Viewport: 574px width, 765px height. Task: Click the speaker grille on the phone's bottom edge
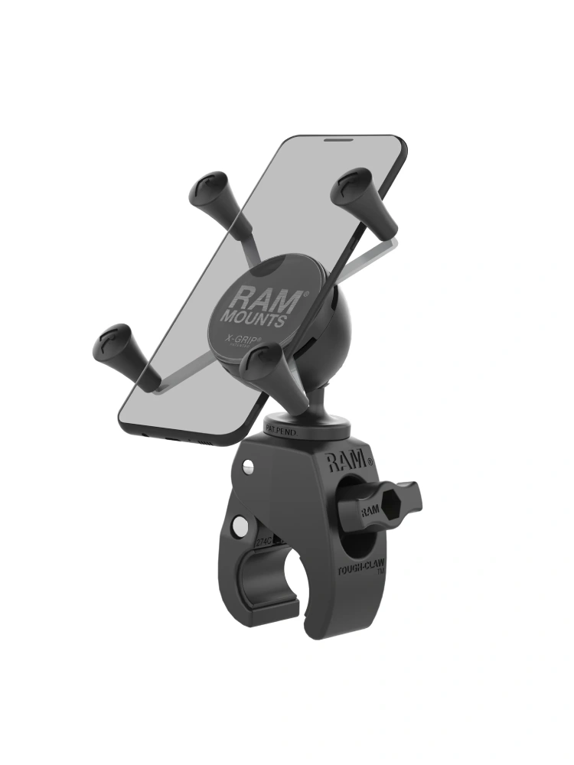[x=200, y=444]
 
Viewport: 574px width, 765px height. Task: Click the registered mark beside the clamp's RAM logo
[x=370, y=462]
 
